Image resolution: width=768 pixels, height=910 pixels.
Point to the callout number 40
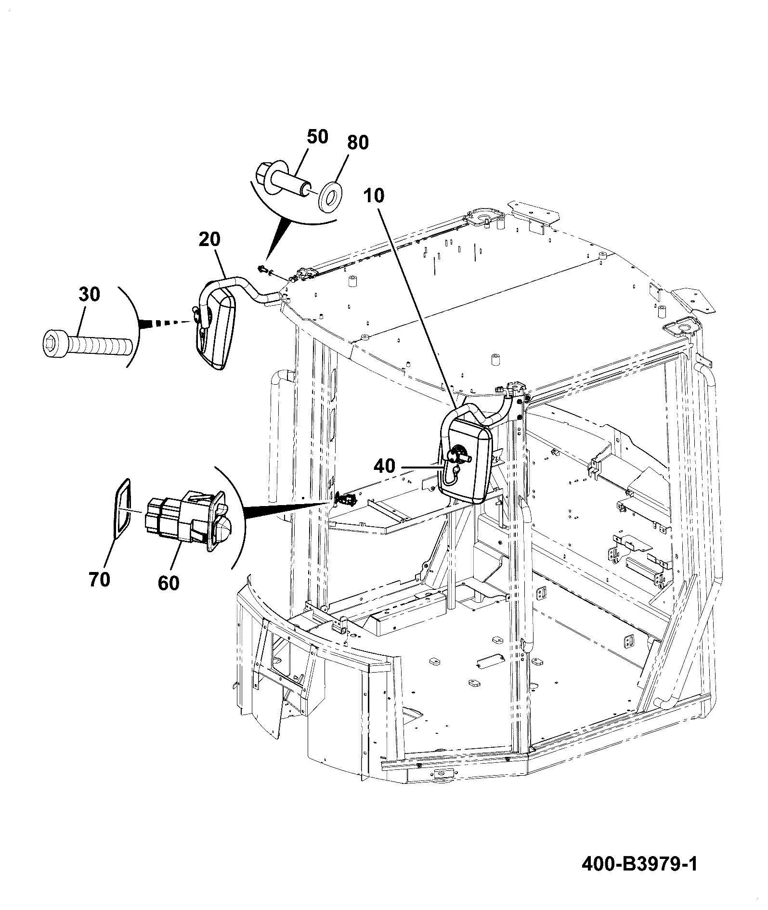[x=384, y=466]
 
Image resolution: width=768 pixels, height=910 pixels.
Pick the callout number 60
[x=168, y=584]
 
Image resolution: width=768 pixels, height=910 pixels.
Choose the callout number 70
[x=99, y=580]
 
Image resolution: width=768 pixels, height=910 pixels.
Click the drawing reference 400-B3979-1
[x=639, y=863]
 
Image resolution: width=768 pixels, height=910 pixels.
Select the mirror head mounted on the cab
[x=465, y=459]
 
